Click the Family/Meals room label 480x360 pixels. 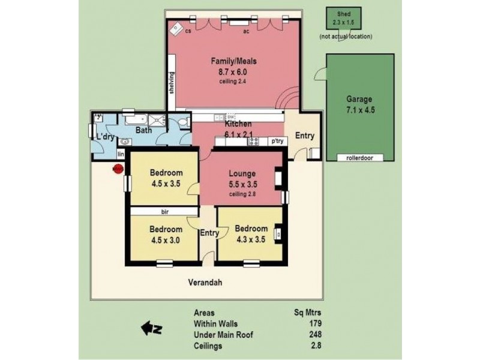233,61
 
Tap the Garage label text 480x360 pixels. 359,99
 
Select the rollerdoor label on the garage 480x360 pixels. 359,158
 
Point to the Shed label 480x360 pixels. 344,14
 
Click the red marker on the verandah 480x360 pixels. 118,169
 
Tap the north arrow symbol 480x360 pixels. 152,328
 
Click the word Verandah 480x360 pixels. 205,282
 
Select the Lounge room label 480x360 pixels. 242,173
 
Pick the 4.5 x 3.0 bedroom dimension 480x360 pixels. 166,241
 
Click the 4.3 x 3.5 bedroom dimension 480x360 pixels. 251,239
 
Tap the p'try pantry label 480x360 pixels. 277,141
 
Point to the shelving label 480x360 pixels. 172,83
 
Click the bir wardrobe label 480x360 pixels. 164,212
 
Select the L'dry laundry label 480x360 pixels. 106,137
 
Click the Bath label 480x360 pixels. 143,130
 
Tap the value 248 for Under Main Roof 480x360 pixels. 315,335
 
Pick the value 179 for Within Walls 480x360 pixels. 316,323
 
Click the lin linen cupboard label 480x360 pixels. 121,154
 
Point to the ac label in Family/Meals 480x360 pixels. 246,31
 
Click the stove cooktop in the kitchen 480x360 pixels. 253,141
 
